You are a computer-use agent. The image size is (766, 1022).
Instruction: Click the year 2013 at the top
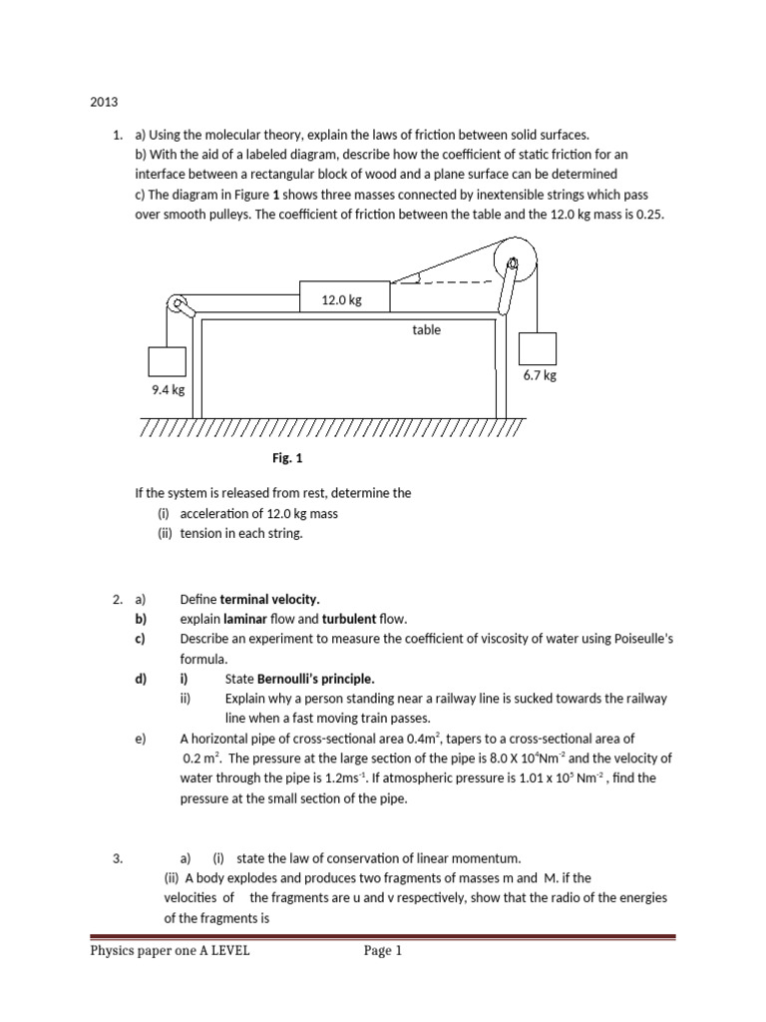coord(105,101)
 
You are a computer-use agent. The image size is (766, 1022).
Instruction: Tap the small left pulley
coord(179,303)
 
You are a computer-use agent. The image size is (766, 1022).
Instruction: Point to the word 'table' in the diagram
coord(426,329)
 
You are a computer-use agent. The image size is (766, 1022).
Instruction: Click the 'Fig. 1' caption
coord(286,458)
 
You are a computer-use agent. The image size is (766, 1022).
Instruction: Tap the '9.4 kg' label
coord(169,390)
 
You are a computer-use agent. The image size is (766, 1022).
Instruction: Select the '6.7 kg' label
coord(540,375)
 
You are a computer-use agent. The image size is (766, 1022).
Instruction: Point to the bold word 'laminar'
coord(245,620)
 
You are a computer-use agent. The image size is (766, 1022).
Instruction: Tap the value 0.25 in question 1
coord(649,214)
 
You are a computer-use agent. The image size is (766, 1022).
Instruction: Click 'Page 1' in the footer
coord(383,951)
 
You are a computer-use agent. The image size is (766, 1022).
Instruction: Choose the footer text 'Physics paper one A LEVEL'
coord(171,951)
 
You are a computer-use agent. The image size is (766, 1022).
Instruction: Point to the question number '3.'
coord(118,857)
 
